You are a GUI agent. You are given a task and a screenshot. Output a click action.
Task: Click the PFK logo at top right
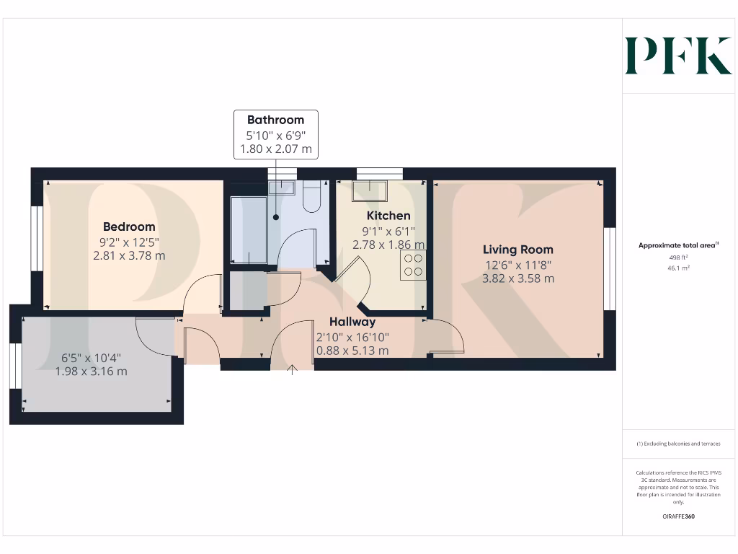point(677,56)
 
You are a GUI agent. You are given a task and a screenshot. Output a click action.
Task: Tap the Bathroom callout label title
point(275,120)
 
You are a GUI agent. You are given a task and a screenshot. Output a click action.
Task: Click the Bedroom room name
point(128,227)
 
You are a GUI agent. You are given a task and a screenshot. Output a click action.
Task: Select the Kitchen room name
point(388,216)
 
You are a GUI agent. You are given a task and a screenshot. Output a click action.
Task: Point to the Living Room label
point(517,250)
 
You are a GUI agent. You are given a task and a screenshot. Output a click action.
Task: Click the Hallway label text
point(352,322)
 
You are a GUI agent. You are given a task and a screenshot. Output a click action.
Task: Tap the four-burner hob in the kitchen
point(414,265)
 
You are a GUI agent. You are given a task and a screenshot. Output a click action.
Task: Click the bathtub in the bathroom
point(249,229)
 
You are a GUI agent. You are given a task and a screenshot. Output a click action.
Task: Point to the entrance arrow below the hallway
point(292,371)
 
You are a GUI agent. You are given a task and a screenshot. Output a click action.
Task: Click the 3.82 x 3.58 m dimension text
point(517,278)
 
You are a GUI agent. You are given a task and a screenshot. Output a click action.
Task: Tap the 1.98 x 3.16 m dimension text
point(91,371)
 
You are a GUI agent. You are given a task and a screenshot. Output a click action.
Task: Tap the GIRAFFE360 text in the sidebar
point(679,516)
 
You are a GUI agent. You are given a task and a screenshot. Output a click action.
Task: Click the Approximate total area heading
point(678,245)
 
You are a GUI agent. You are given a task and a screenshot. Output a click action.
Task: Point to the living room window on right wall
point(610,269)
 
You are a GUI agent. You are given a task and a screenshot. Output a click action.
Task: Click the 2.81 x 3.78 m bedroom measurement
point(128,255)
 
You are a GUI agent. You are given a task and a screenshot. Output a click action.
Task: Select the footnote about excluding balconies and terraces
point(678,444)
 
